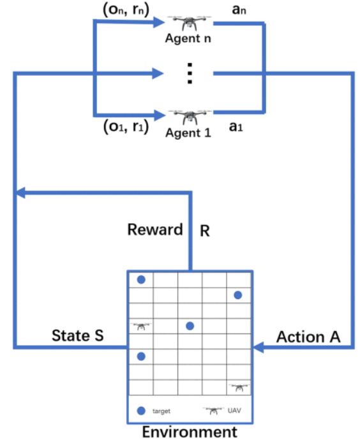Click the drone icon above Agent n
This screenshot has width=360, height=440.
189,24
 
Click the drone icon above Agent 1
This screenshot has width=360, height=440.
190,117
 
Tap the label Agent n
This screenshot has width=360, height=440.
188,38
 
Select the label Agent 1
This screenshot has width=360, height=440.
188,133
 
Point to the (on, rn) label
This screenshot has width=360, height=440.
126,10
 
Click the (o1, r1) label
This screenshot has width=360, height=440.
126,127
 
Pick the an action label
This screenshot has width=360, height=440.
239,10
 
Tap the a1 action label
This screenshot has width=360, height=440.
236,127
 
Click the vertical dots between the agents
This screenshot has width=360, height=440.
190,73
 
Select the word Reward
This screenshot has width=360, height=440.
155,230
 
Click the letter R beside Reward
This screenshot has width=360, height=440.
205,231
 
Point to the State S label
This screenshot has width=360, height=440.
78,335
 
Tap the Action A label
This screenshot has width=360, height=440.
308,337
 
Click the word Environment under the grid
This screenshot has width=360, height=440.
190,432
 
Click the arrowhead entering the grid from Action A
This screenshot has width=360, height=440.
259,348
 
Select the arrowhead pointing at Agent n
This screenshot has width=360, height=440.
159,22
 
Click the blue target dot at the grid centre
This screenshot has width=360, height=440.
190,326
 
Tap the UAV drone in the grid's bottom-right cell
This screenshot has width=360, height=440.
239,388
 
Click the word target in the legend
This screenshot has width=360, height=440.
161,411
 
